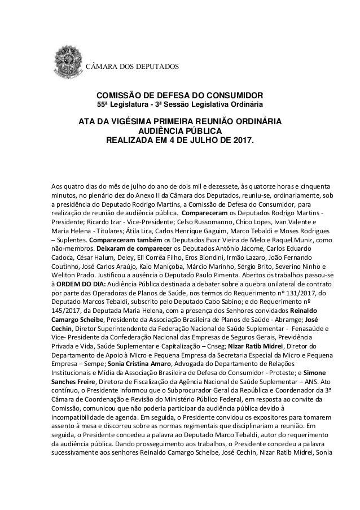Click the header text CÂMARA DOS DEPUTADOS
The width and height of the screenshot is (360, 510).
[131, 68]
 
